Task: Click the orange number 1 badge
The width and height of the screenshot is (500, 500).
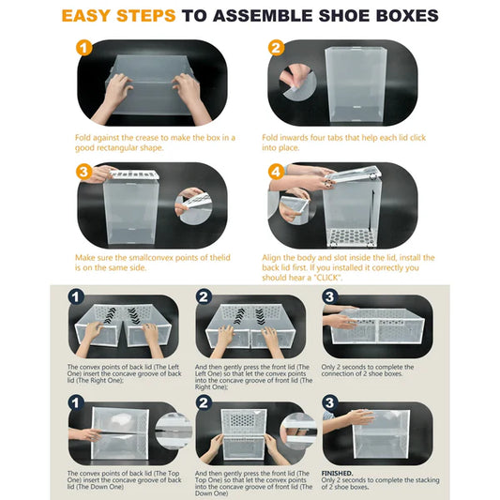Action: point(84,48)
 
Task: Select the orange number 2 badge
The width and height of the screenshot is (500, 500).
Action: point(276,48)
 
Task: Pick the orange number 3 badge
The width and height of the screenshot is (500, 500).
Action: point(84,173)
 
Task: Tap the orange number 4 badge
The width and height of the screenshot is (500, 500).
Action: point(276,173)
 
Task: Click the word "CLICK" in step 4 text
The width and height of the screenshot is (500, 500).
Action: point(328,278)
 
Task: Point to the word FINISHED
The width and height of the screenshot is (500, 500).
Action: point(337,473)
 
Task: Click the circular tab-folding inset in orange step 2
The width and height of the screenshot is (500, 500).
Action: point(297,83)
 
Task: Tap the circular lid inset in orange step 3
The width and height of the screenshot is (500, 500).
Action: point(193,206)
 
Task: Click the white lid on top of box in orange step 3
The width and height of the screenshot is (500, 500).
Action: point(134,174)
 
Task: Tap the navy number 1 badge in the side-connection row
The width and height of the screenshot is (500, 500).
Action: point(76,297)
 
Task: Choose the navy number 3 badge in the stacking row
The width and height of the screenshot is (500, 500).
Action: point(329,402)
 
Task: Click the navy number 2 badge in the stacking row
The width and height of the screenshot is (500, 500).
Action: point(204,402)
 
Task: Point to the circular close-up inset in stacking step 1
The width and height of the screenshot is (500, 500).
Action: point(174,432)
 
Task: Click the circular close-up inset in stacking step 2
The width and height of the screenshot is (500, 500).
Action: point(298,432)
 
